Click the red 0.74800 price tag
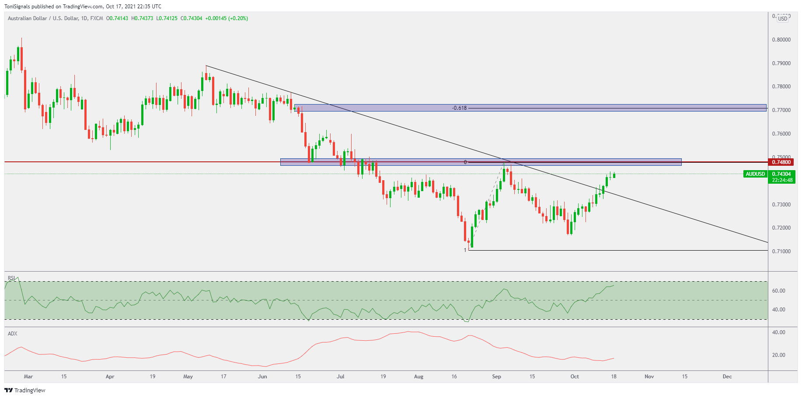tap(781, 162)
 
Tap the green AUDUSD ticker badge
tap(755, 174)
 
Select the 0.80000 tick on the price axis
tap(781, 40)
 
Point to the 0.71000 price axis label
tap(781, 251)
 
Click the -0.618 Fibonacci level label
tap(459, 108)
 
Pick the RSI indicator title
tap(11, 278)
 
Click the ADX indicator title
tap(13, 334)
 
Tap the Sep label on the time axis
tap(496, 377)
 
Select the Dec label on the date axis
tap(727, 377)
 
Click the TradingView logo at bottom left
tap(25, 390)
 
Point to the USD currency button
tap(782, 18)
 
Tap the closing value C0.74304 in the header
tap(192, 18)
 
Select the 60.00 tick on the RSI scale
tap(778, 291)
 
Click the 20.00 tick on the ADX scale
tap(778, 355)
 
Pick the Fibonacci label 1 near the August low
tap(465, 250)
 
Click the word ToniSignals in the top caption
tap(17, 7)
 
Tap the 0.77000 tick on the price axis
tap(781, 110)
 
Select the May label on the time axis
tap(188, 377)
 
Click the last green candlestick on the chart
tap(614, 175)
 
